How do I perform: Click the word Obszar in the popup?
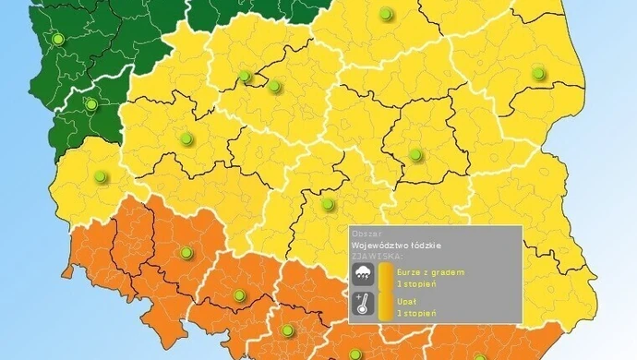pos(366,234)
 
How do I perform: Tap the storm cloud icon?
pos(363,274)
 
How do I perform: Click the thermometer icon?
pos(363,306)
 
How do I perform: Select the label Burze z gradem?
pos(429,272)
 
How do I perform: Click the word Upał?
pos(406,302)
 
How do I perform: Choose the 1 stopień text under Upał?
pos(416,313)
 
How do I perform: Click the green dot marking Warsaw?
pos(415,154)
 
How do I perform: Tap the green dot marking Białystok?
pos(537,73)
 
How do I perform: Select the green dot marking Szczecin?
pos(58,40)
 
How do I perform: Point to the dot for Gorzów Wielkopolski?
pos(90,104)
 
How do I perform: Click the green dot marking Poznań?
pos(186,139)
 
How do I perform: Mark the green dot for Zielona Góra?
pos(101,176)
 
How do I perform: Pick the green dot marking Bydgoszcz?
pos(245,76)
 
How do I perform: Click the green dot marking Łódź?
pos(327,204)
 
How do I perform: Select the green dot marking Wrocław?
pos(186,252)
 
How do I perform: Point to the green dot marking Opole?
pos(240,295)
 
